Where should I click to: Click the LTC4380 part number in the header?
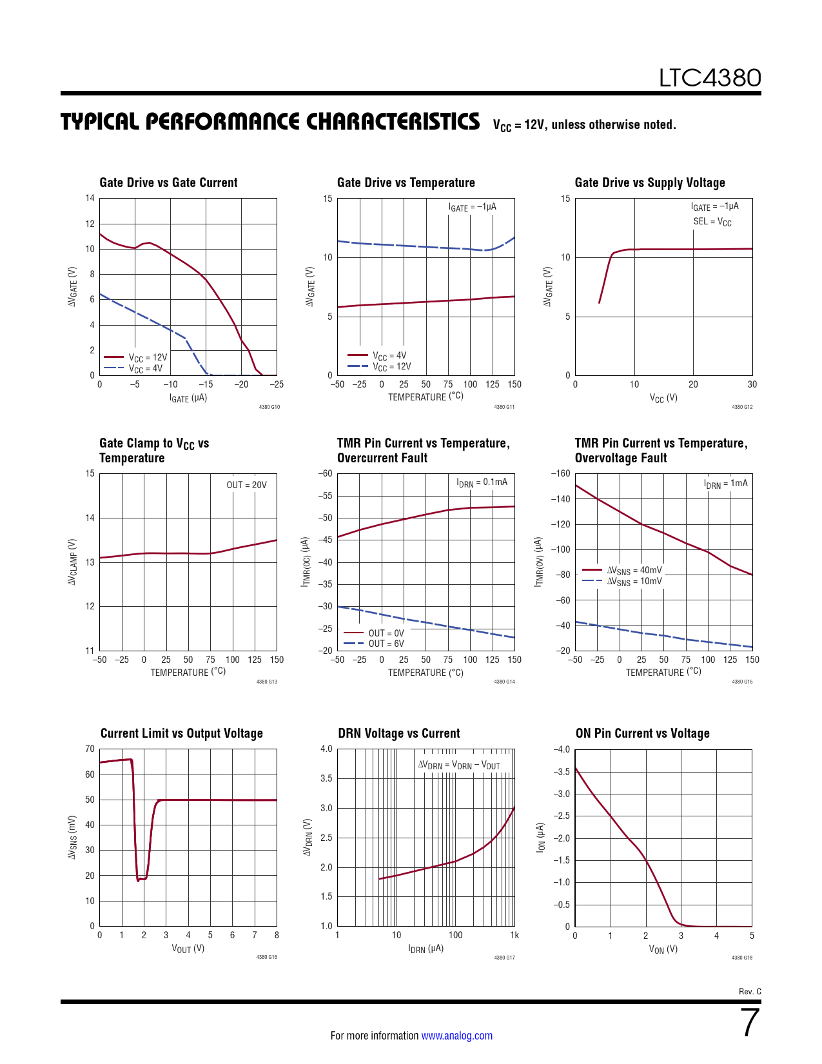pyautogui.click(x=710, y=78)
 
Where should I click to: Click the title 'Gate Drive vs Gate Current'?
pyautogui.click(x=168, y=182)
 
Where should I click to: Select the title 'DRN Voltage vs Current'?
pyautogui.click(x=398, y=733)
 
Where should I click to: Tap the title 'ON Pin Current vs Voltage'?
pyautogui.click(x=642, y=733)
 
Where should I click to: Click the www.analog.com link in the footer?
pyautogui.click(x=456, y=1036)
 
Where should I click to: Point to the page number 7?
pyautogui.click(x=750, y=1023)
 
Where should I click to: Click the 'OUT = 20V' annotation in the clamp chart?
pyautogui.click(x=246, y=485)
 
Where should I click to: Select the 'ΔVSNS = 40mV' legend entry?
pyautogui.click(x=634, y=570)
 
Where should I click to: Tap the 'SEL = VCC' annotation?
pyautogui.click(x=712, y=222)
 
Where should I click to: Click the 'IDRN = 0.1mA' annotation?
pyautogui.click(x=482, y=482)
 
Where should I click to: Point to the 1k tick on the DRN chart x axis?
pyautogui.click(x=514, y=935)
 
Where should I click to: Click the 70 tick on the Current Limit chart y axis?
pyautogui.click(x=90, y=749)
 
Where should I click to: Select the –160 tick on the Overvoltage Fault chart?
pyautogui.click(x=561, y=473)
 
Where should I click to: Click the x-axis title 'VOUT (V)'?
pyautogui.click(x=188, y=949)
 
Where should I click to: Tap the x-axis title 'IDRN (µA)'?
pyautogui.click(x=426, y=949)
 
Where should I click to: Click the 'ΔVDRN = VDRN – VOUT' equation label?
pyautogui.click(x=459, y=765)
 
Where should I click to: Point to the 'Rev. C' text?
pyautogui.click(x=750, y=991)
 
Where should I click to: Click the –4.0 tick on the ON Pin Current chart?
pyautogui.click(x=562, y=749)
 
